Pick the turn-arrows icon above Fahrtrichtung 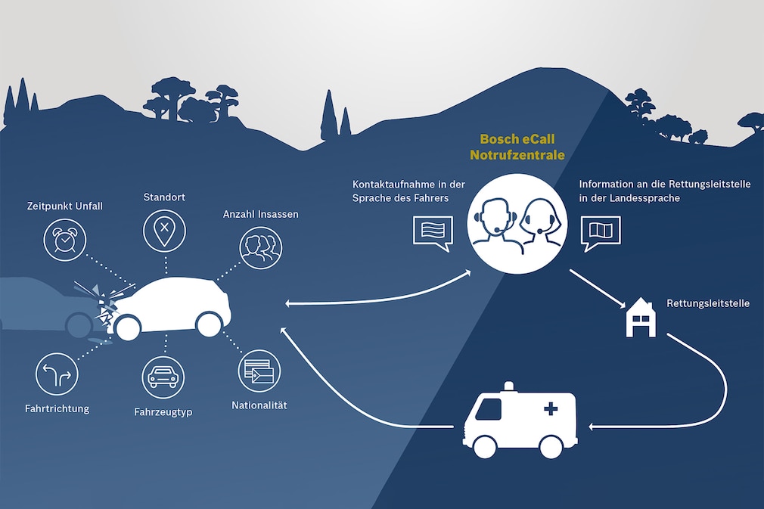(x=57, y=375)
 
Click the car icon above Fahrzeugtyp (x=163, y=377)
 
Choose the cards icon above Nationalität (x=259, y=371)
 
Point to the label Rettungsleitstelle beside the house (x=708, y=303)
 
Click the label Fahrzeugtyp (x=163, y=412)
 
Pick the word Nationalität (x=259, y=405)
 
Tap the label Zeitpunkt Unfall (x=64, y=206)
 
